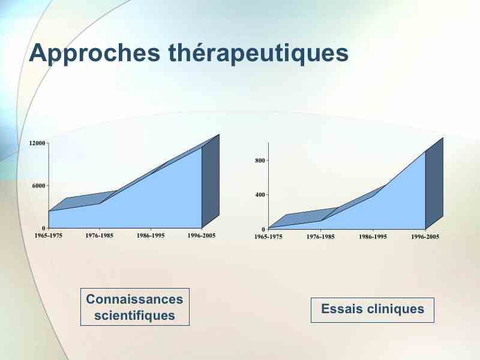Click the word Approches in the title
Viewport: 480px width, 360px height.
(95, 53)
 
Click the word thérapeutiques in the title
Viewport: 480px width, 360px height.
(259, 53)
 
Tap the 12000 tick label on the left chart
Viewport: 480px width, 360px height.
(37, 143)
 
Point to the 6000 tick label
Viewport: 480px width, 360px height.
(39, 185)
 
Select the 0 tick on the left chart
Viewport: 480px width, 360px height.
(43, 228)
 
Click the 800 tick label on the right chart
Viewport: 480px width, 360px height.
(260, 160)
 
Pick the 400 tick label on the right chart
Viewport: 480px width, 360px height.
(260, 194)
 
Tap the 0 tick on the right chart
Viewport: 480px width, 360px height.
(263, 229)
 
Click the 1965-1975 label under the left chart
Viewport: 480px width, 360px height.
(49, 236)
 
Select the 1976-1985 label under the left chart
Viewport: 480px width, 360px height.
(99, 236)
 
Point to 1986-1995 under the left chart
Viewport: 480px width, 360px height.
(151, 236)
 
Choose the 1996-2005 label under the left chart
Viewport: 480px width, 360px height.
(202, 236)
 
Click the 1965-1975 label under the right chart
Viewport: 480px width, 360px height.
(268, 237)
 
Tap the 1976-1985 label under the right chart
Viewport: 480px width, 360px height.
(320, 237)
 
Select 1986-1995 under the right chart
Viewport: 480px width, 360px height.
(373, 237)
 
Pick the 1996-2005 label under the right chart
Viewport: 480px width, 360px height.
(425, 237)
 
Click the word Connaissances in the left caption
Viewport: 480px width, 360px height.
(134, 299)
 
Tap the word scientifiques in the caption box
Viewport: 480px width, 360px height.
(134, 316)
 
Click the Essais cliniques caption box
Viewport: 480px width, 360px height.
(373, 310)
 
